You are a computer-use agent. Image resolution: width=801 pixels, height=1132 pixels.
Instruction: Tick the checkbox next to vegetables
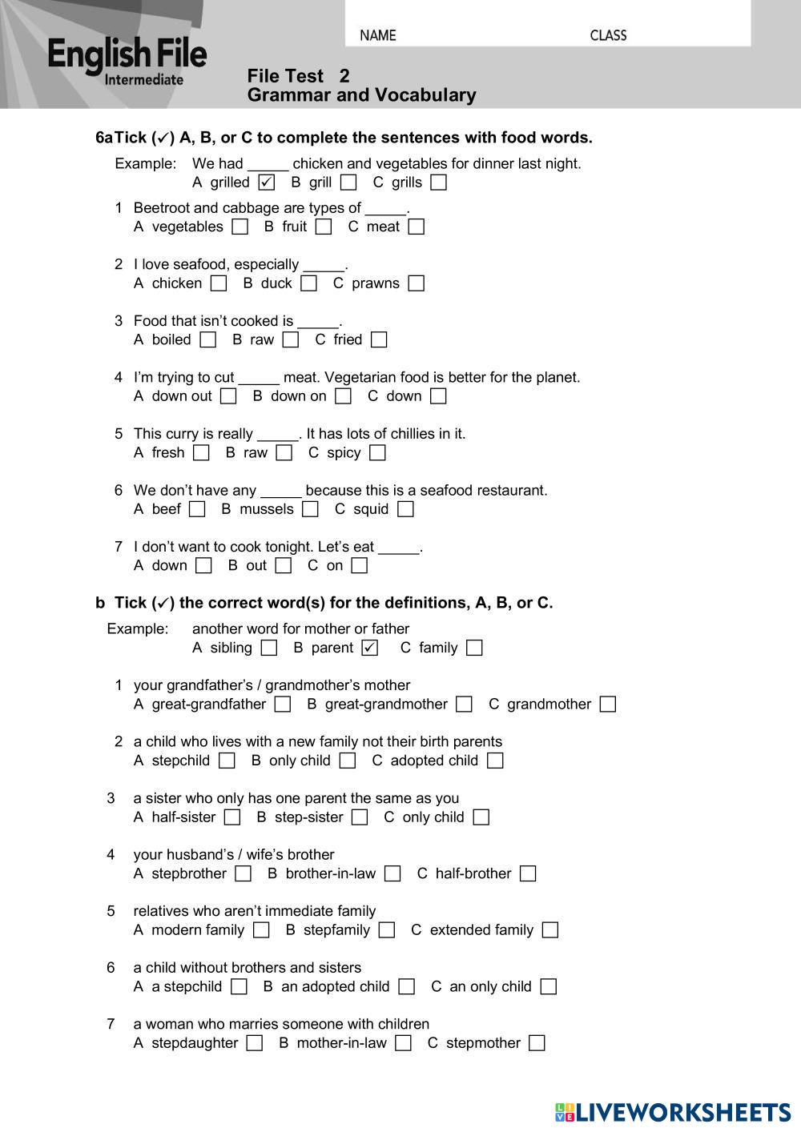click(239, 227)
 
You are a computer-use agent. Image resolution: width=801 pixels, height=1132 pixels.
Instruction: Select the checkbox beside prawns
click(416, 283)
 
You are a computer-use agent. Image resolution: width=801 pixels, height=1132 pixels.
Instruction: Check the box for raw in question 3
click(291, 339)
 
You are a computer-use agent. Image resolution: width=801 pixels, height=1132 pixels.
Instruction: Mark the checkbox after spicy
click(377, 453)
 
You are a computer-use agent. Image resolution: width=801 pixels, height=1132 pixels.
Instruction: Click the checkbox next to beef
click(197, 509)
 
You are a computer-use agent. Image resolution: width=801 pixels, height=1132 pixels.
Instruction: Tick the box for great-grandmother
click(464, 704)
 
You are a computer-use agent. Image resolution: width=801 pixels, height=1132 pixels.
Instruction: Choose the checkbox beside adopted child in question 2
click(495, 761)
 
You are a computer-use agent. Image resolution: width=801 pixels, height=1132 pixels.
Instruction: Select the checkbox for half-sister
click(232, 817)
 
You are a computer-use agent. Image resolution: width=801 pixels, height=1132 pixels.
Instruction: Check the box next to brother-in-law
click(392, 873)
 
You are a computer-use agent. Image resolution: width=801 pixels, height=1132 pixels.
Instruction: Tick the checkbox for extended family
click(549, 930)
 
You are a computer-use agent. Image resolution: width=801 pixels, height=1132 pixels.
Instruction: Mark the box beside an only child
click(548, 986)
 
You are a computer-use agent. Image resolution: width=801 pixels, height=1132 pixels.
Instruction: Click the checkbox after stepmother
click(537, 1043)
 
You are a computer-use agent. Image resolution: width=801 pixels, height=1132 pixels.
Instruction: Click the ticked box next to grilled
click(267, 183)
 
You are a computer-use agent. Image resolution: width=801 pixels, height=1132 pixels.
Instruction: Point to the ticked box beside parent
click(369, 648)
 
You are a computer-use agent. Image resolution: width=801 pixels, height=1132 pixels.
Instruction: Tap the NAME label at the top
click(378, 35)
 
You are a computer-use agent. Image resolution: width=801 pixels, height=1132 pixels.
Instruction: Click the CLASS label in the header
click(608, 35)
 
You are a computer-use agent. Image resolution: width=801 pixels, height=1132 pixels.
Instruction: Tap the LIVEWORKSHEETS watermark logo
click(673, 1112)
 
